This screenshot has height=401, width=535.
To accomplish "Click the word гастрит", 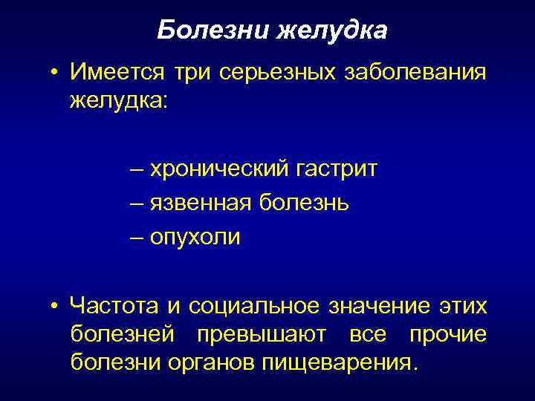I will (338, 170).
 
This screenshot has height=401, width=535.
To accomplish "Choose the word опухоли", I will (195, 238).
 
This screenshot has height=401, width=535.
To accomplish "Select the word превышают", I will (261, 335).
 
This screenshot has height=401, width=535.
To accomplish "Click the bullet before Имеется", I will (55, 74).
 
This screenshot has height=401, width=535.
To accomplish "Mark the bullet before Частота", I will (55, 305).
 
